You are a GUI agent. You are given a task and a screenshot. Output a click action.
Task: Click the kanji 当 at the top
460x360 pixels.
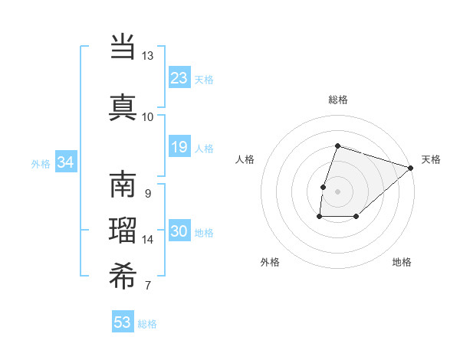(123, 47)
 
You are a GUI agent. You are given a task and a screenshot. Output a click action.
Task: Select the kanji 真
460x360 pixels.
(123, 106)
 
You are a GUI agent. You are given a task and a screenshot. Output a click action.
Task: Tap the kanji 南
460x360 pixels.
(123, 185)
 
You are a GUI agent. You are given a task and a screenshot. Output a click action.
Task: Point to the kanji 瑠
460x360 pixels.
(123, 232)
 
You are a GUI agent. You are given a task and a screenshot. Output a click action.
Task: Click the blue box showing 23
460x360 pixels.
(179, 78)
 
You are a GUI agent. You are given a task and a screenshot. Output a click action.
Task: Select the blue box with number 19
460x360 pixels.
(179, 147)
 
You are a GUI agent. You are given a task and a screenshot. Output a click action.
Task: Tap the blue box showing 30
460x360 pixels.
(179, 232)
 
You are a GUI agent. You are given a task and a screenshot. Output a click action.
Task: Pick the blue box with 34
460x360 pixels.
(65, 162)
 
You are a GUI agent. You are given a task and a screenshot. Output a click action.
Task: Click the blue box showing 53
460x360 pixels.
(123, 322)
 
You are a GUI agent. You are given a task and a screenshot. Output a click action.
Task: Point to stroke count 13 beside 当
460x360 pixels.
(147, 56)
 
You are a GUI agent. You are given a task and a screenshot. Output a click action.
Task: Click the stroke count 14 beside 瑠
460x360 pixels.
(148, 240)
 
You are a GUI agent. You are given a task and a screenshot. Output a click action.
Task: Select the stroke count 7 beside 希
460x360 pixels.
(147, 286)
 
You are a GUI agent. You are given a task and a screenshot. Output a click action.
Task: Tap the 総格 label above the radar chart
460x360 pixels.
(337, 100)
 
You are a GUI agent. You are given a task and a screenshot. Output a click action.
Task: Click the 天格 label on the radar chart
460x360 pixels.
(431, 159)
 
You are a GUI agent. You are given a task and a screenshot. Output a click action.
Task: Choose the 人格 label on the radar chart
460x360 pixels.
(245, 159)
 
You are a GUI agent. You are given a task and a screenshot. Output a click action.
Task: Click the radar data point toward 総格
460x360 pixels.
(337, 146)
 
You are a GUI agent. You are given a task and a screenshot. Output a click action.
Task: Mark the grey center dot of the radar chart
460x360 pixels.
(337, 191)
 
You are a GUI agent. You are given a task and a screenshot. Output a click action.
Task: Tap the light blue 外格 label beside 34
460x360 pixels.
(41, 163)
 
